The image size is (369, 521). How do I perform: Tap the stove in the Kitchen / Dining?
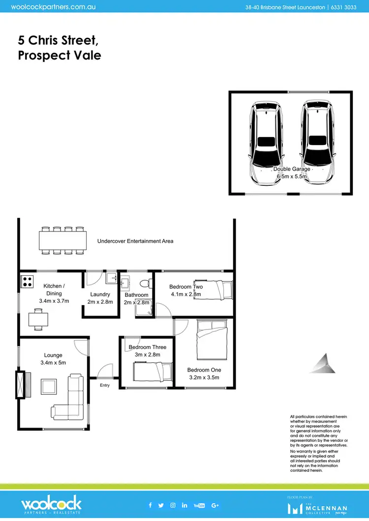pyautogui.click(x=27, y=282)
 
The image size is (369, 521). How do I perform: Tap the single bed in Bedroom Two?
pyautogui.click(x=213, y=290)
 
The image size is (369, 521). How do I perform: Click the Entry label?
pyautogui.click(x=105, y=385)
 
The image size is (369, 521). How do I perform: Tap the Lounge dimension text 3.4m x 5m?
pyautogui.click(x=53, y=363)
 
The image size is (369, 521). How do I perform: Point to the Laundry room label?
pyautogui.click(x=100, y=294)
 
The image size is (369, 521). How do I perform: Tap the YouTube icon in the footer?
pyautogui.click(x=199, y=505)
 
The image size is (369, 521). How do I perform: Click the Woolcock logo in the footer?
pyautogui.click(x=51, y=505)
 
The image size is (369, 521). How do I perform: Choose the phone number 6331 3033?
pyautogui.click(x=343, y=7)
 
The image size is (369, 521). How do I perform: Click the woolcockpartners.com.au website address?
pyautogui.click(x=53, y=7)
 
